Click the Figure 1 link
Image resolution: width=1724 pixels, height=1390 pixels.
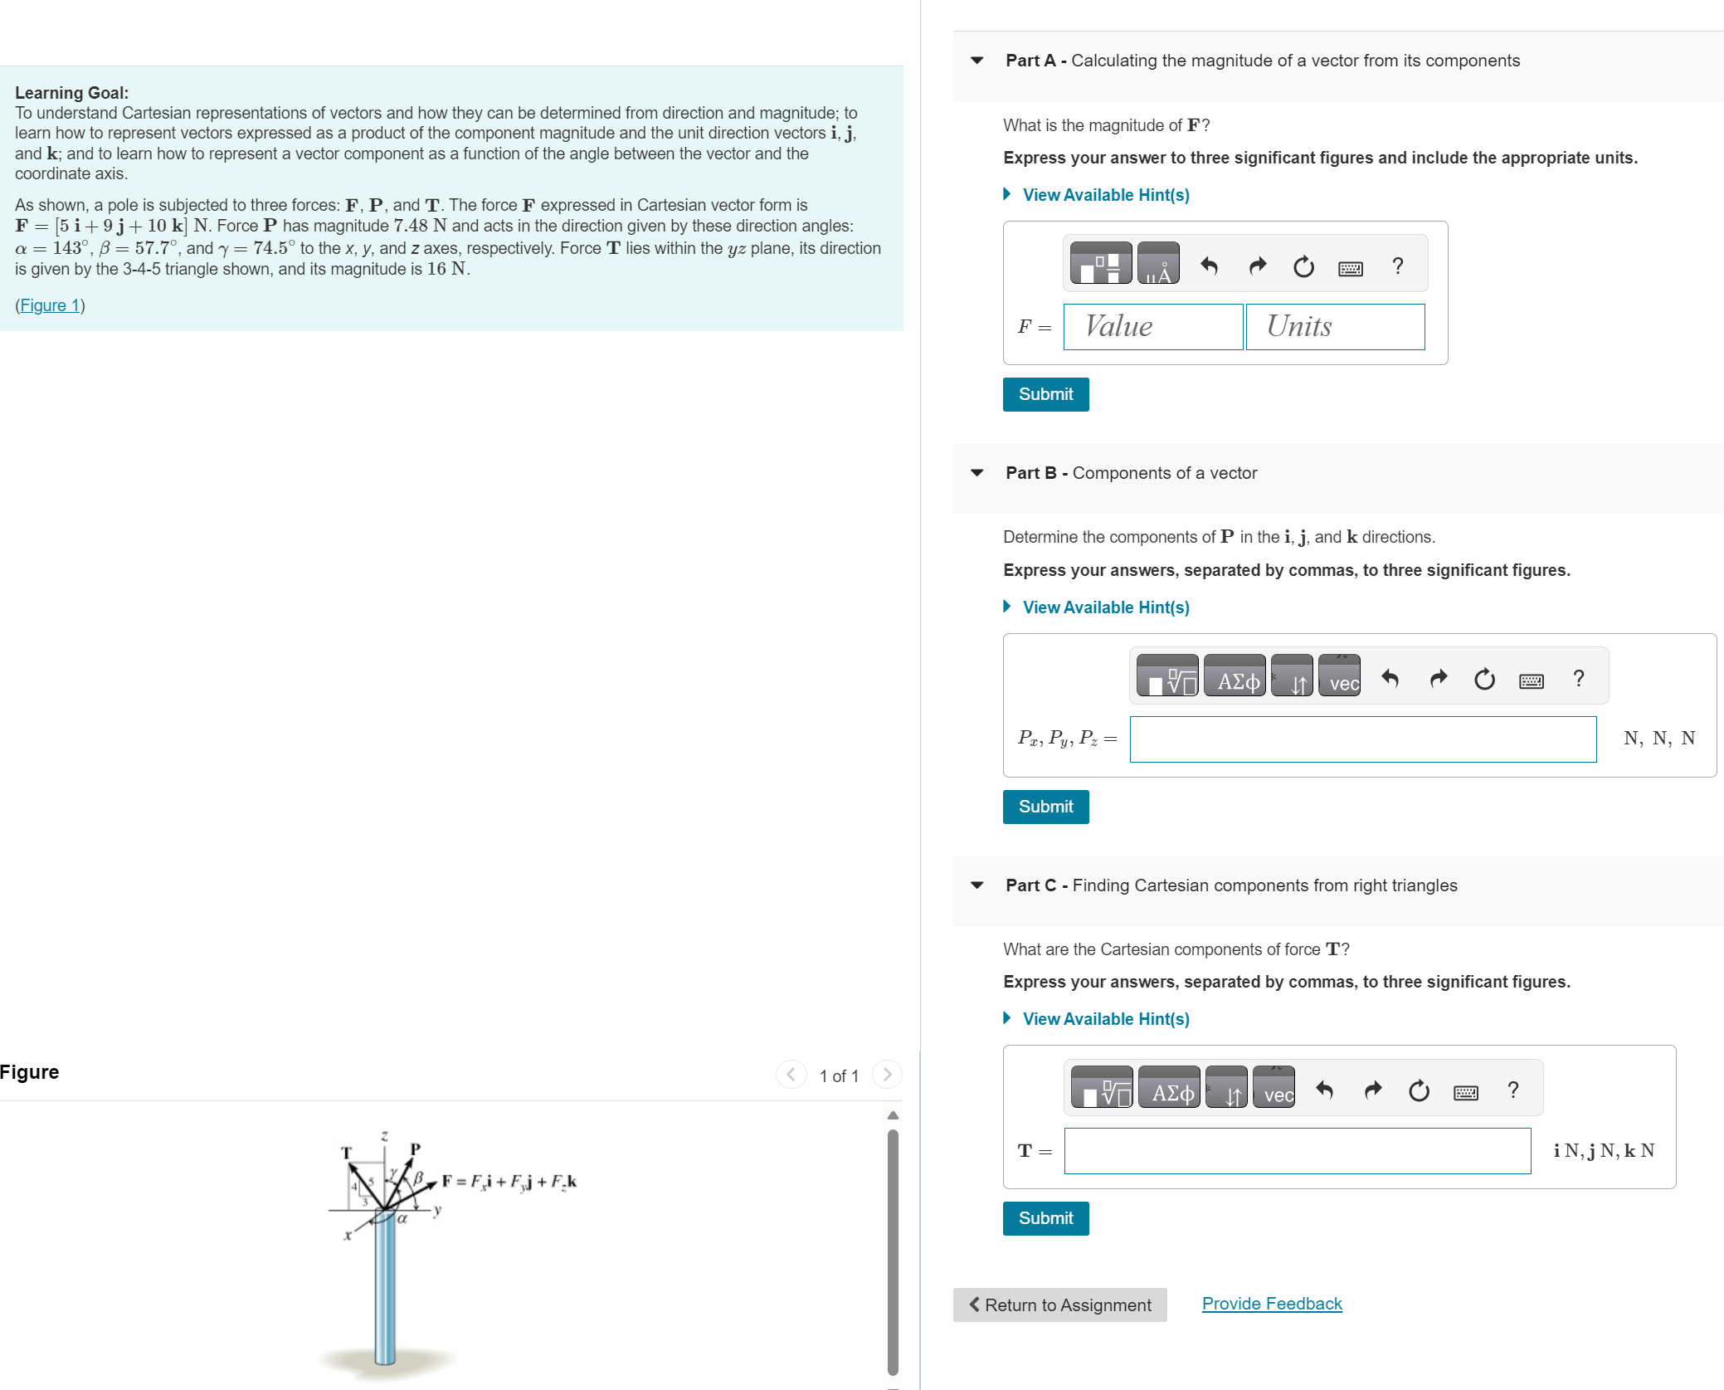pyautogui.click(x=50, y=305)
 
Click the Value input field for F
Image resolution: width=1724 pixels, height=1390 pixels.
pyautogui.click(x=1152, y=327)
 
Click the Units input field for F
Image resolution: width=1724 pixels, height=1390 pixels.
pyautogui.click(x=1335, y=327)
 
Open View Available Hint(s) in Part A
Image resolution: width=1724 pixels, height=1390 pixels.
pyautogui.click(x=1105, y=195)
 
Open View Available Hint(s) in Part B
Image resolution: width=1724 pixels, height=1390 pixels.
pyautogui.click(x=1105, y=607)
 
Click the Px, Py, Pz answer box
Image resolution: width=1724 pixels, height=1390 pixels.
pyautogui.click(x=1362, y=739)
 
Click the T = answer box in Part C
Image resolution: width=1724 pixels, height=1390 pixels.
pyautogui.click(x=1297, y=1151)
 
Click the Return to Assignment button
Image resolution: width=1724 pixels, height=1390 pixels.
pyautogui.click(x=1059, y=1305)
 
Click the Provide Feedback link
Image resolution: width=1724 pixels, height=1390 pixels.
pyautogui.click(x=1271, y=1304)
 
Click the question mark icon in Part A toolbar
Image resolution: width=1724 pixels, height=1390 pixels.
pyautogui.click(x=1398, y=266)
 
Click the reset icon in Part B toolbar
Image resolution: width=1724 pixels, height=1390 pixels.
pyautogui.click(x=1484, y=680)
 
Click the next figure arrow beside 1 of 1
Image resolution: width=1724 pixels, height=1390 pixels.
pyautogui.click(x=887, y=1075)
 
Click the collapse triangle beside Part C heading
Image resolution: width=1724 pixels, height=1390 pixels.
pyautogui.click(x=977, y=885)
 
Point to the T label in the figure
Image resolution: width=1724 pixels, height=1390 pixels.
pyautogui.click(x=347, y=1153)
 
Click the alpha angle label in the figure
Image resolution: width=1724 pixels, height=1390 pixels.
pyautogui.click(x=402, y=1219)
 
